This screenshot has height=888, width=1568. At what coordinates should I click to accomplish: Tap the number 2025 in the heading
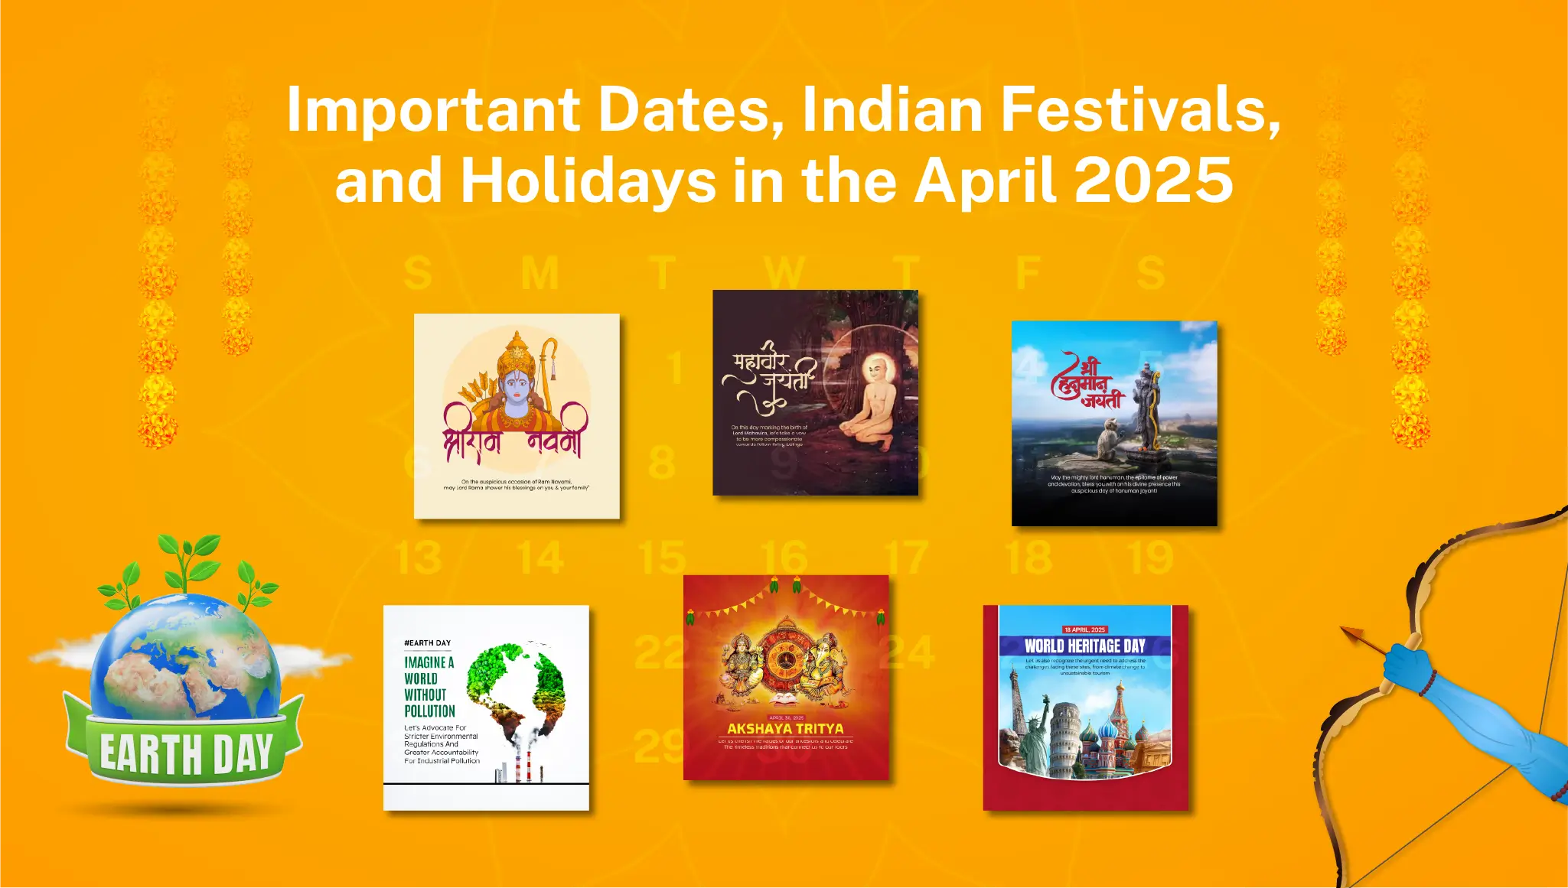(1154, 181)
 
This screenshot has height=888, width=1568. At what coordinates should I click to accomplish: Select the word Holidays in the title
(588, 181)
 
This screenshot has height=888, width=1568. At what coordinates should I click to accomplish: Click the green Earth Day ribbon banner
(186, 753)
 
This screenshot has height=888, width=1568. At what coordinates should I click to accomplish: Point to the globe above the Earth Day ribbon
(186, 658)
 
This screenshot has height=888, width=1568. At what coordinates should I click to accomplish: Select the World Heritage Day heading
(1084, 646)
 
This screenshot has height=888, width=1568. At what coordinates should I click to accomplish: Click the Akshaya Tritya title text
(785, 729)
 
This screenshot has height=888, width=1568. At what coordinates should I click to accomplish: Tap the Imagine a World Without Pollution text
(429, 686)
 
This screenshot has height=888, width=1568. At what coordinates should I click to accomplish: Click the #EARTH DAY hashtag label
(427, 643)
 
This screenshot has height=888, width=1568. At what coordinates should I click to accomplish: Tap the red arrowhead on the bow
(1353, 635)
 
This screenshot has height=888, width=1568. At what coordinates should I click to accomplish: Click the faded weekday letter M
(540, 273)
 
